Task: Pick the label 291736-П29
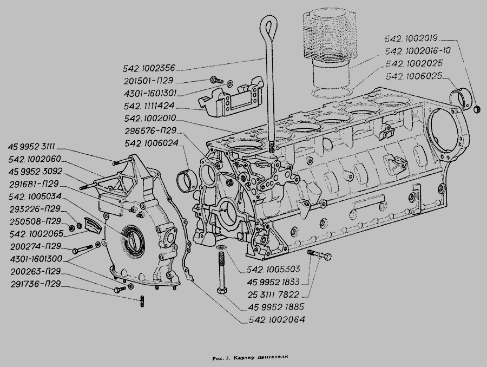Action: (35, 284)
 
